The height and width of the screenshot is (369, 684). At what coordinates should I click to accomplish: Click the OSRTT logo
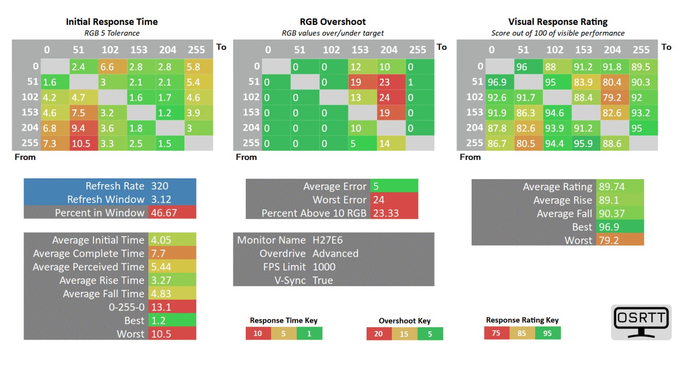tap(641, 322)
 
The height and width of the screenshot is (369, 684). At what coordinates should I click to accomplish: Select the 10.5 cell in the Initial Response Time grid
tap(81, 143)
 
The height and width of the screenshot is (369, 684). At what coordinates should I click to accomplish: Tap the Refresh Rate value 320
tap(160, 186)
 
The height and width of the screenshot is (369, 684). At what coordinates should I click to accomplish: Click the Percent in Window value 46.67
tap(164, 213)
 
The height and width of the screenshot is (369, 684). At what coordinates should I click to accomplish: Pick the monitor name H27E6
tap(328, 240)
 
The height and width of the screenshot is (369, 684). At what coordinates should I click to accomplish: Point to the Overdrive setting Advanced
tap(335, 254)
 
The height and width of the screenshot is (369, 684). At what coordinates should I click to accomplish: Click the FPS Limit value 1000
tap(324, 267)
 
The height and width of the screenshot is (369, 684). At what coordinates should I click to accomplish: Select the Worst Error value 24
tap(379, 200)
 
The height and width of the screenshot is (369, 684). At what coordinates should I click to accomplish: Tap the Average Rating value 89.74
tap(612, 187)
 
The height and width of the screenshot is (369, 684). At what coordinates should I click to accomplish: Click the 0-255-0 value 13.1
tap(161, 307)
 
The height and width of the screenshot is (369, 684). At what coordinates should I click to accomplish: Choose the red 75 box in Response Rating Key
tap(496, 333)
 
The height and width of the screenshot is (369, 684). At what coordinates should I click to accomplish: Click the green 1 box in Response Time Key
tap(309, 333)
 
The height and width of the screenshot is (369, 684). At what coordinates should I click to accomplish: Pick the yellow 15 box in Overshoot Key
tap(404, 334)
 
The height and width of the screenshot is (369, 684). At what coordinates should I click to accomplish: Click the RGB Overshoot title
tap(333, 22)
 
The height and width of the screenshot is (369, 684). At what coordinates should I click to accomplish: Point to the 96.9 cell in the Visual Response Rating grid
tap(497, 82)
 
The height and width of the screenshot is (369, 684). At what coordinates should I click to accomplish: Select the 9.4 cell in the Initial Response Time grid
tap(78, 128)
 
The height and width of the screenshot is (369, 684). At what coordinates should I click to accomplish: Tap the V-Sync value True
tap(323, 280)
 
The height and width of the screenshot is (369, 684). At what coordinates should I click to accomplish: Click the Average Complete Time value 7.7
tap(159, 254)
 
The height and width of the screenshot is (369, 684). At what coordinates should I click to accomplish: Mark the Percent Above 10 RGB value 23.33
tap(386, 213)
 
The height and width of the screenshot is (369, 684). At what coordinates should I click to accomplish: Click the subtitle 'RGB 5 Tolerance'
tap(112, 33)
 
